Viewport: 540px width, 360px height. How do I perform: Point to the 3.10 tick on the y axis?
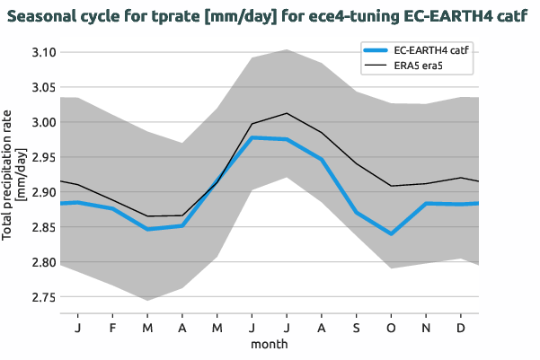pos(43,53)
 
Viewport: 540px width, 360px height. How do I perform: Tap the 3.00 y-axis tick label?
pos(43,123)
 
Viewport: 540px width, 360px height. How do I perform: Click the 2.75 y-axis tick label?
pos(43,297)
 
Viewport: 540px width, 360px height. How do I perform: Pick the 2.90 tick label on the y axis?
pos(43,193)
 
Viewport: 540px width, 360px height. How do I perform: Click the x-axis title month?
pos(269,344)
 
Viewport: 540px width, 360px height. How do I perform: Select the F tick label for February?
pos(112,328)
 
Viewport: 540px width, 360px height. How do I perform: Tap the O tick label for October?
pos(391,328)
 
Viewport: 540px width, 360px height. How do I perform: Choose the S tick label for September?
pos(356,328)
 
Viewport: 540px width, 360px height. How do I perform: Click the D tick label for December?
pos(461,328)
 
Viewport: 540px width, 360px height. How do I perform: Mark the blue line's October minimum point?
pos(391,233)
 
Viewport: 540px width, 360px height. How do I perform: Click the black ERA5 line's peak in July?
pos(286,113)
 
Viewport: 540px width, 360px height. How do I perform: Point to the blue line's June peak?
pos(252,137)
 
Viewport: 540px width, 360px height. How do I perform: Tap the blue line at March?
pos(147,229)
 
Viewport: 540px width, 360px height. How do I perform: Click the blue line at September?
pos(356,212)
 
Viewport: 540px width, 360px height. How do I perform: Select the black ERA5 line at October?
pos(391,186)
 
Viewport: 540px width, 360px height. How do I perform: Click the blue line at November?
pos(426,204)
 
